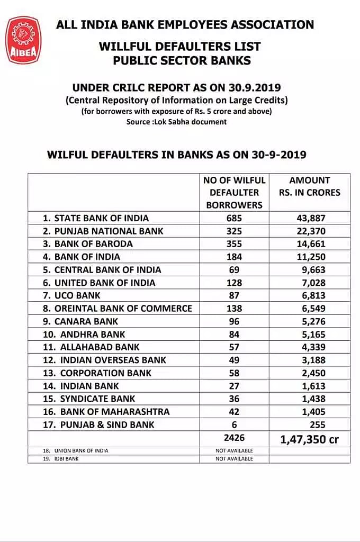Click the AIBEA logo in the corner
point(23,40)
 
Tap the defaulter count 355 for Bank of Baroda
point(233,244)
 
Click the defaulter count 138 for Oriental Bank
point(233,308)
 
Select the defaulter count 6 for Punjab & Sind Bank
point(233,424)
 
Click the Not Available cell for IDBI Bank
point(233,458)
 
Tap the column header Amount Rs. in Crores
point(309,186)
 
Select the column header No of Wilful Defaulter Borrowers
point(233,192)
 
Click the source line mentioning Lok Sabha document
point(176,122)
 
